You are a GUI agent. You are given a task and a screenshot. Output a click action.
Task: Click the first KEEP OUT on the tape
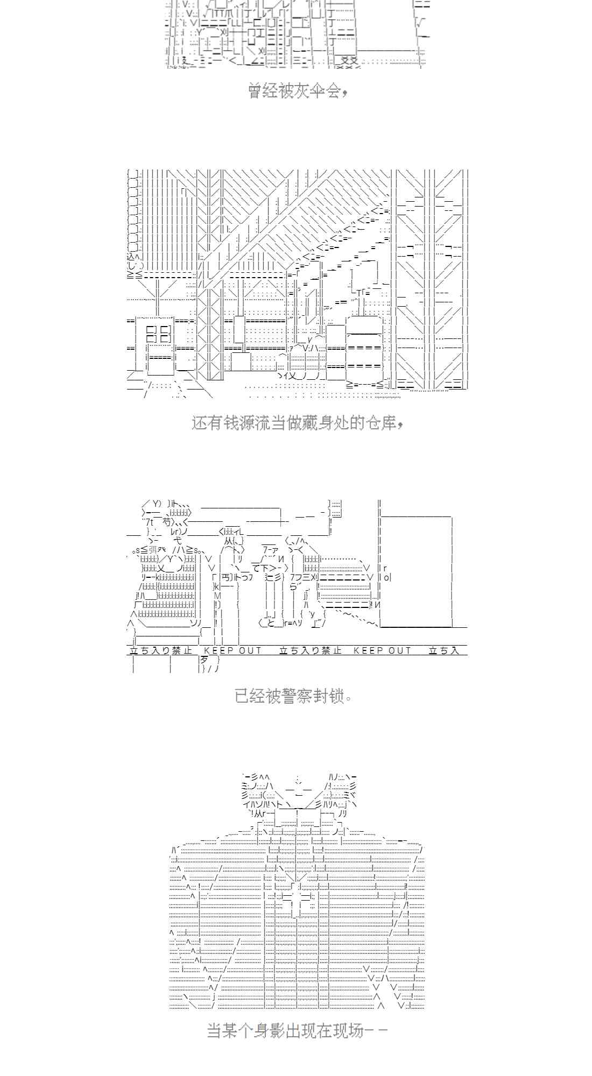[x=232, y=650]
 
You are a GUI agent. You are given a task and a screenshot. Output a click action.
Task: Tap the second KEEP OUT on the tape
[x=382, y=650]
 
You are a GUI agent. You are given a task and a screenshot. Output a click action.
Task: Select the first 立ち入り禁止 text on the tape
[x=161, y=650]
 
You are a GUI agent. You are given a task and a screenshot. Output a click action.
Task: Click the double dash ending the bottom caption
[x=377, y=1031]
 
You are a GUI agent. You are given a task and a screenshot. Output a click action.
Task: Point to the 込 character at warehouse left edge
[x=132, y=257]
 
